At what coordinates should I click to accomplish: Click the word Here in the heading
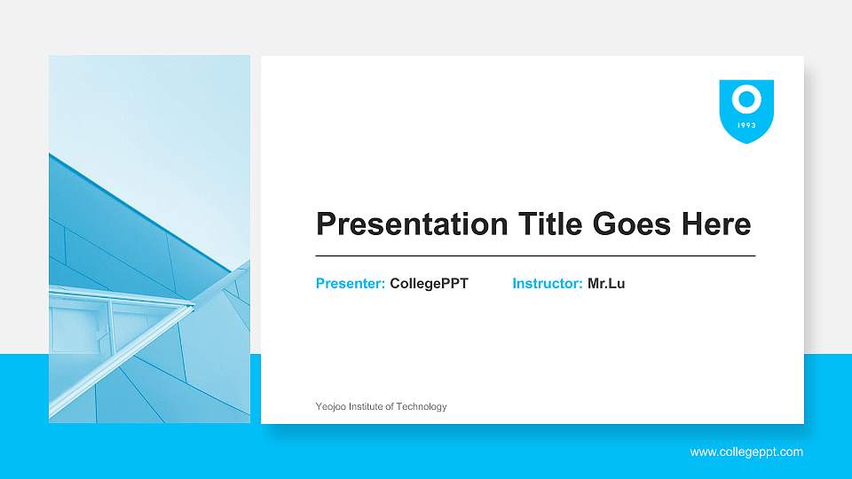[x=716, y=224]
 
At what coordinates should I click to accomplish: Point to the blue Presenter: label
[x=350, y=284]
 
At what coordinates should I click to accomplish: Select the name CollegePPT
[x=429, y=284]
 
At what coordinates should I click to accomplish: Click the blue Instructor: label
[x=547, y=284]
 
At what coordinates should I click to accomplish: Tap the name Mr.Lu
[x=606, y=284]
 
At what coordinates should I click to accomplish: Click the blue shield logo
[x=746, y=111]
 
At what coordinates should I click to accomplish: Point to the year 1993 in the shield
[x=746, y=125]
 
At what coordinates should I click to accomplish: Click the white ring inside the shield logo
[x=746, y=98]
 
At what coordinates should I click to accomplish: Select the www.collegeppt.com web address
[x=746, y=452]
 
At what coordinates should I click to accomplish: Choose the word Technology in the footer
[x=422, y=406]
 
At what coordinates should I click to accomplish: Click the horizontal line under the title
[x=535, y=255]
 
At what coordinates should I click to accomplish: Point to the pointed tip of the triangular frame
[x=193, y=307]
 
